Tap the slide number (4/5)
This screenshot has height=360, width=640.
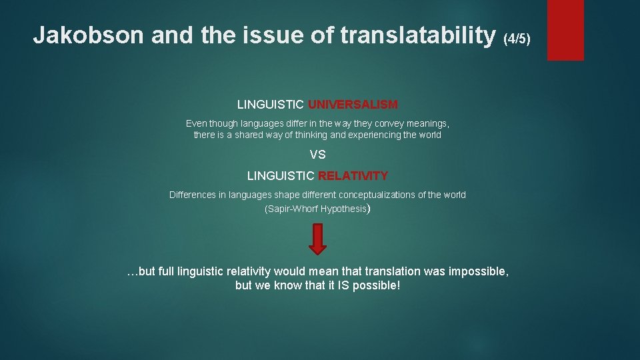pyautogui.click(x=517, y=39)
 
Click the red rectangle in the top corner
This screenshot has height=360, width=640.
pyautogui.click(x=565, y=30)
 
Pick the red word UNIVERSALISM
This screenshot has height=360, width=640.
pyautogui.click(x=353, y=105)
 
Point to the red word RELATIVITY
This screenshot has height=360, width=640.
pyautogui.click(x=353, y=176)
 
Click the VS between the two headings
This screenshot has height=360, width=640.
pyautogui.click(x=318, y=155)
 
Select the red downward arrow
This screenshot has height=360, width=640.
pyautogui.click(x=318, y=239)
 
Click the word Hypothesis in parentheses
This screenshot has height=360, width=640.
pyautogui.click(x=343, y=209)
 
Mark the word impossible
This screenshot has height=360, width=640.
pyautogui.click(x=480, y=271)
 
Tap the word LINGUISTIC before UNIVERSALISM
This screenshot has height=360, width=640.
pyautogui.click(x=271, y=105)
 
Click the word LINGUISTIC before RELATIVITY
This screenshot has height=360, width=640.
pyautogui.click(x=281, y=176)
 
